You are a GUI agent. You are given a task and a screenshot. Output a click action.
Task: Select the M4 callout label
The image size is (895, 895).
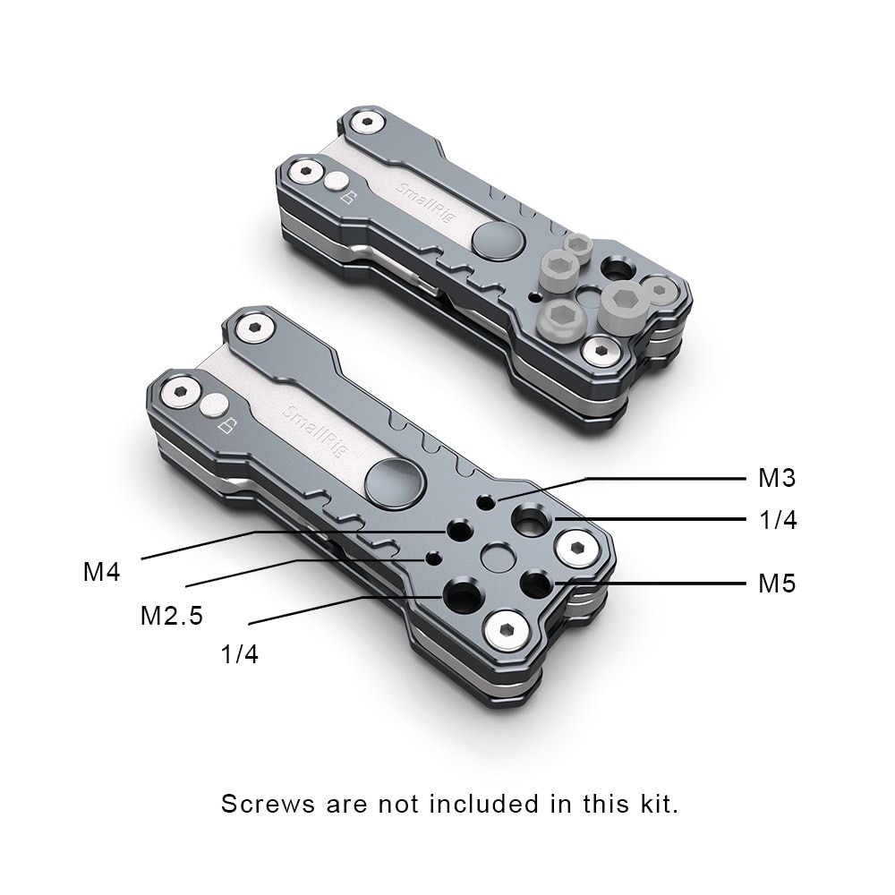tap(102, 571)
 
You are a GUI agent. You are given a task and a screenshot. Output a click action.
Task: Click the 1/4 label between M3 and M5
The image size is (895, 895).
tap(777, 520)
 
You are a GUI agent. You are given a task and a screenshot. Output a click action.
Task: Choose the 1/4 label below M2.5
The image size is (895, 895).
tap(239, 654)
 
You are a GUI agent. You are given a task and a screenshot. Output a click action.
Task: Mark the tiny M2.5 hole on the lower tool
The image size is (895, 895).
tap(433, 558)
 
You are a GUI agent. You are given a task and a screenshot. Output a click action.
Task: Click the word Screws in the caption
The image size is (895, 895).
tap(268, 803)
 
